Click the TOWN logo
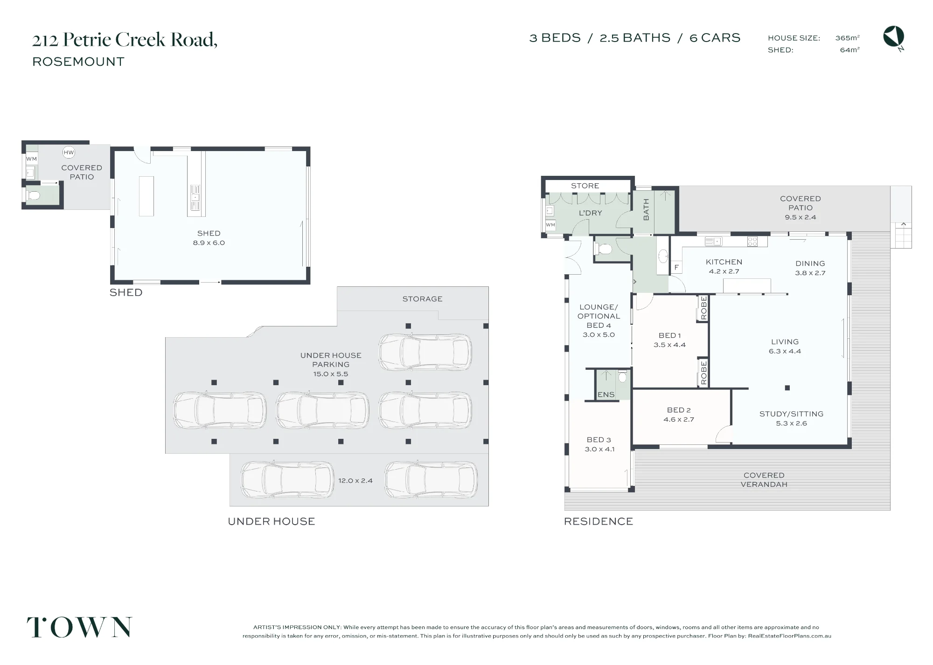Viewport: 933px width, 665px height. (x=79, y=627)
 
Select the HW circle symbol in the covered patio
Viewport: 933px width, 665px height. (x=69, y=152)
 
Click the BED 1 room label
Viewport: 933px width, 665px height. (x=670, y=335)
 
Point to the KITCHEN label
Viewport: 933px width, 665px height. (x=724, y=262)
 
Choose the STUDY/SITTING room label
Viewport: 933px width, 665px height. (x=791, y=414)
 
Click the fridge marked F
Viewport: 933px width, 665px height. (x=676, y=267)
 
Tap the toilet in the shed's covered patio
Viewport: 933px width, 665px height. (x=33, y=196)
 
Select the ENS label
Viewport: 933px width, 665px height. (x=606, y=395)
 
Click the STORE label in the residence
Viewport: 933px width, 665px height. (x=585, y=186)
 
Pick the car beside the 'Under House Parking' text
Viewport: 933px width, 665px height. (x=425, y=352)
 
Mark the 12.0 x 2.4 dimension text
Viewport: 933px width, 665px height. (x=355, y=480)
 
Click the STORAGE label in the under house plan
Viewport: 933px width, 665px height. (x=422, y=299)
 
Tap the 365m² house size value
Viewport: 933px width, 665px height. (x=847, y=38)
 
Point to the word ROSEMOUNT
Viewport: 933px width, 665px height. (x=78, y=62)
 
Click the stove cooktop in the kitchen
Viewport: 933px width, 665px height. (x=752, y=242)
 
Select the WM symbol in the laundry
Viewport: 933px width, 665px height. (x=550, y=225)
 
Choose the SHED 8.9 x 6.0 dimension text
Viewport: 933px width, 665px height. (x=209, y=242)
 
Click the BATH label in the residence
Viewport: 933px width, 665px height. (x=646, y=209)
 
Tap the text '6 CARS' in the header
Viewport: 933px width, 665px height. (x=715, y=38)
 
